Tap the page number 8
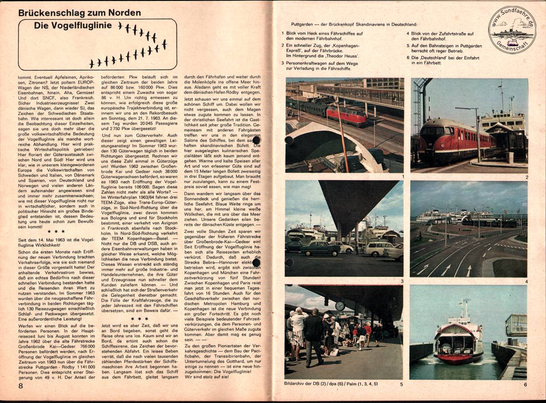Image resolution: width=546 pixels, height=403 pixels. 21,387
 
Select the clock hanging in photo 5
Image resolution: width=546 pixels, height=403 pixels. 340,306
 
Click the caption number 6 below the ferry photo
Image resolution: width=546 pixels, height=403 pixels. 525,385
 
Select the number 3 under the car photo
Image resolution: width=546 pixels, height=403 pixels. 401,281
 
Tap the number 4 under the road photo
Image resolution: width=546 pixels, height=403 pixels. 526,281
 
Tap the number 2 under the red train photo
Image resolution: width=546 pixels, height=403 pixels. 526,177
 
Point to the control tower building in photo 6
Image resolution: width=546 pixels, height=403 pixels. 516,324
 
